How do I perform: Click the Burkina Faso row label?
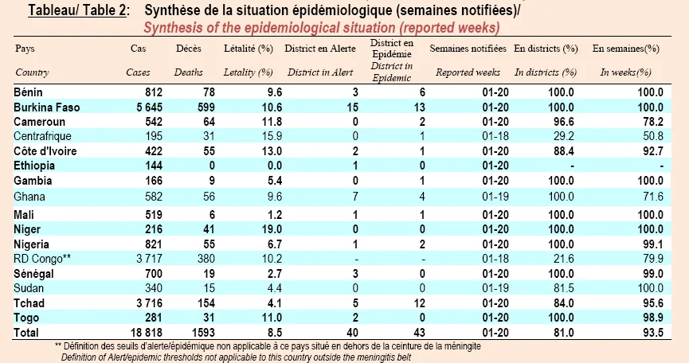tap(46, 107)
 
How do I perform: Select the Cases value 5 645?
tap(149, 107)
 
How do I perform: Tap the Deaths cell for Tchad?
tap(206, 303)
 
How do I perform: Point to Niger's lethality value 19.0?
tap(272, 229)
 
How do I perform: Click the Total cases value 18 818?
tap(147, 333)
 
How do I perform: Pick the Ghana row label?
tap(29, 197)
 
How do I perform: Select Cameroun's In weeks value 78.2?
tap(653, 122)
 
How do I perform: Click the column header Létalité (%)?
tap(249, 49)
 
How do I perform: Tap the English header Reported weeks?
tap(468, 72)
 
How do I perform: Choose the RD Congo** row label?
tap(42, 259)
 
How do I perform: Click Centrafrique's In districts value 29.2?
tap(563, 136)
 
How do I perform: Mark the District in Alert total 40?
tap(352, 333)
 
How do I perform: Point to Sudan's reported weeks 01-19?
tap(495, 288)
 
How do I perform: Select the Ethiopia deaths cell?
tap(212, 166)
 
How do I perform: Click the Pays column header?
tap(25, 49)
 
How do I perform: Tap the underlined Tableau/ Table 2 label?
tap(77, 10)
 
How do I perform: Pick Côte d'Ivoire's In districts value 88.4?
tap(563, 151)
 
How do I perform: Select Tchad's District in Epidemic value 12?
tap(419, 303)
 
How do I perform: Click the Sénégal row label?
tap(33, 274)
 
